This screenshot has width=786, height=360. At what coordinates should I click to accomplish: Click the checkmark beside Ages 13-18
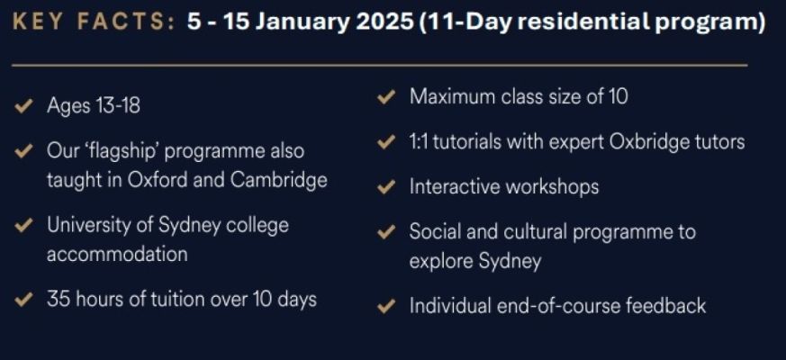coord(23,106)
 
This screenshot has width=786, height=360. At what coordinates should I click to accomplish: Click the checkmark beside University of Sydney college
coord(23,225)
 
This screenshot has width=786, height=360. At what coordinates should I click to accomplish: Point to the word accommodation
coord(117,254)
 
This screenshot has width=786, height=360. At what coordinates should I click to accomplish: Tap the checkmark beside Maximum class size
coord(386,97)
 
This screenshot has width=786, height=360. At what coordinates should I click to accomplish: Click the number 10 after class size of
coord(617,96)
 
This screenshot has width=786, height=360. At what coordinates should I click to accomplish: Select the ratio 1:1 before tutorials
coord(418,142)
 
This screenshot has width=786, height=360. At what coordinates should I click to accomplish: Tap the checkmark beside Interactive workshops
coord(386,187)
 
